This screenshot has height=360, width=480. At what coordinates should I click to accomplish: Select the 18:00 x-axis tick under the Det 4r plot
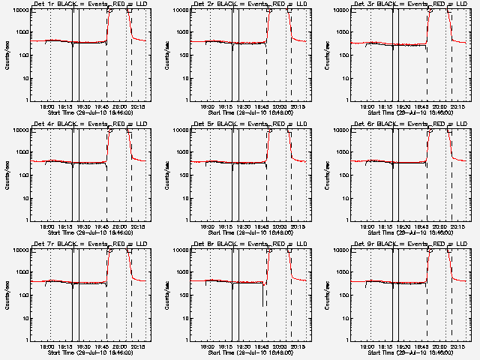(46, 227)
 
